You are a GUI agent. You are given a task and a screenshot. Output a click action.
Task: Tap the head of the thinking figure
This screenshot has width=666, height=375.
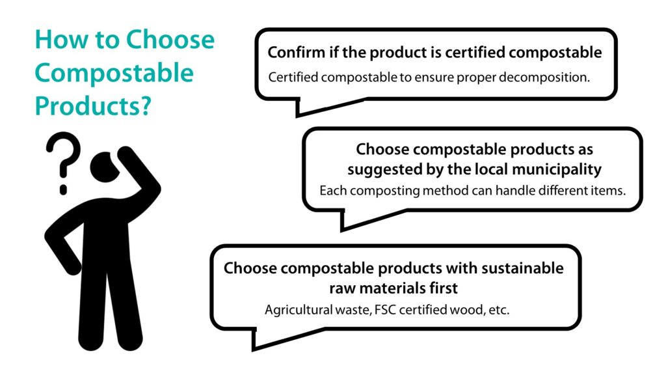[x=103, y=167]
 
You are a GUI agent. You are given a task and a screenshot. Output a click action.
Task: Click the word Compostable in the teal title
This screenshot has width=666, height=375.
[x=114, y=73]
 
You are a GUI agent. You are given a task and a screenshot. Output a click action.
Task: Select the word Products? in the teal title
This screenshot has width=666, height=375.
[x=93, y=105]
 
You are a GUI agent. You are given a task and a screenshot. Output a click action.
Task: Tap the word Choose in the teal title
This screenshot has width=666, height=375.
[x=170, y=39]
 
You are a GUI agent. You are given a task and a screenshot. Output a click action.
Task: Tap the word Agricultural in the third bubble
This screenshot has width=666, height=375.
[x=298, y=310]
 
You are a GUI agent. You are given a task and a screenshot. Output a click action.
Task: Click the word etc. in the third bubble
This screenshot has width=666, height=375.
[x=499, y=310]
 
